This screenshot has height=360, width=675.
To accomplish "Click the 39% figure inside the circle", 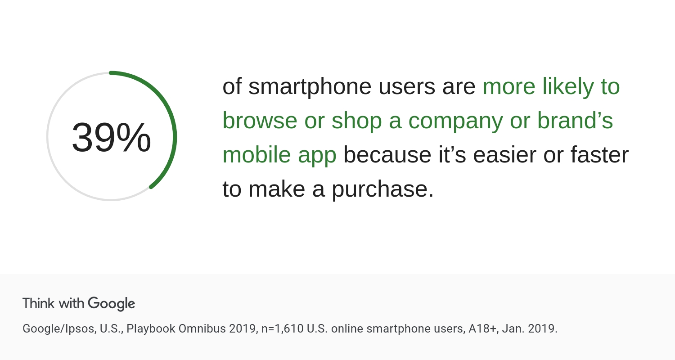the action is point(111,137).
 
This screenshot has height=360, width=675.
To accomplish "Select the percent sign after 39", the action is point(134,137).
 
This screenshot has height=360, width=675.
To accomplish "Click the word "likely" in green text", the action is point(568,87).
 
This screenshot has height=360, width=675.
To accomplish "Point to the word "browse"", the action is point(260,121).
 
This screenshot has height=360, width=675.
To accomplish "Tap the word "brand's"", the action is point(575,120).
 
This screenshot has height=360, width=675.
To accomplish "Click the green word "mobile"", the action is point(256,154).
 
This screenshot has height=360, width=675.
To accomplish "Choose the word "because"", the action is point(387,155).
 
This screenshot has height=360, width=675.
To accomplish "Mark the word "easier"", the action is point(504,155).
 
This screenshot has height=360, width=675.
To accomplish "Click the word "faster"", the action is point(600,155).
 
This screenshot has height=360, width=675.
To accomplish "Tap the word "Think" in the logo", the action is point(39,303).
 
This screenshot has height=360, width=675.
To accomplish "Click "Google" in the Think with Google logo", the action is point(112,304).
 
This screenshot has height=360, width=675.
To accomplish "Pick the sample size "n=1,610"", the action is point(282,328).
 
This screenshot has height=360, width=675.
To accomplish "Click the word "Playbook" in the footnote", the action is point(151,329).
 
